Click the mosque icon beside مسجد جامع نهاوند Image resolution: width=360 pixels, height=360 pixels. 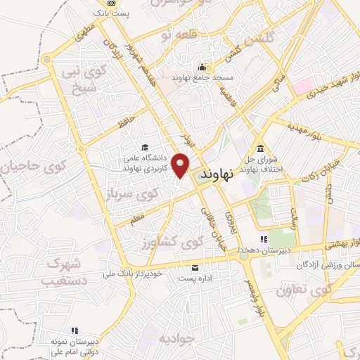208,67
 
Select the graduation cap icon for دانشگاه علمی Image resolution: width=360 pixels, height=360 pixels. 145,148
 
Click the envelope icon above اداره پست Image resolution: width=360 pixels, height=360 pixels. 195,267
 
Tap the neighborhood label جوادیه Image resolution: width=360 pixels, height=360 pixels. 179,338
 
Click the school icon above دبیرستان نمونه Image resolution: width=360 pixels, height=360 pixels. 73,330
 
